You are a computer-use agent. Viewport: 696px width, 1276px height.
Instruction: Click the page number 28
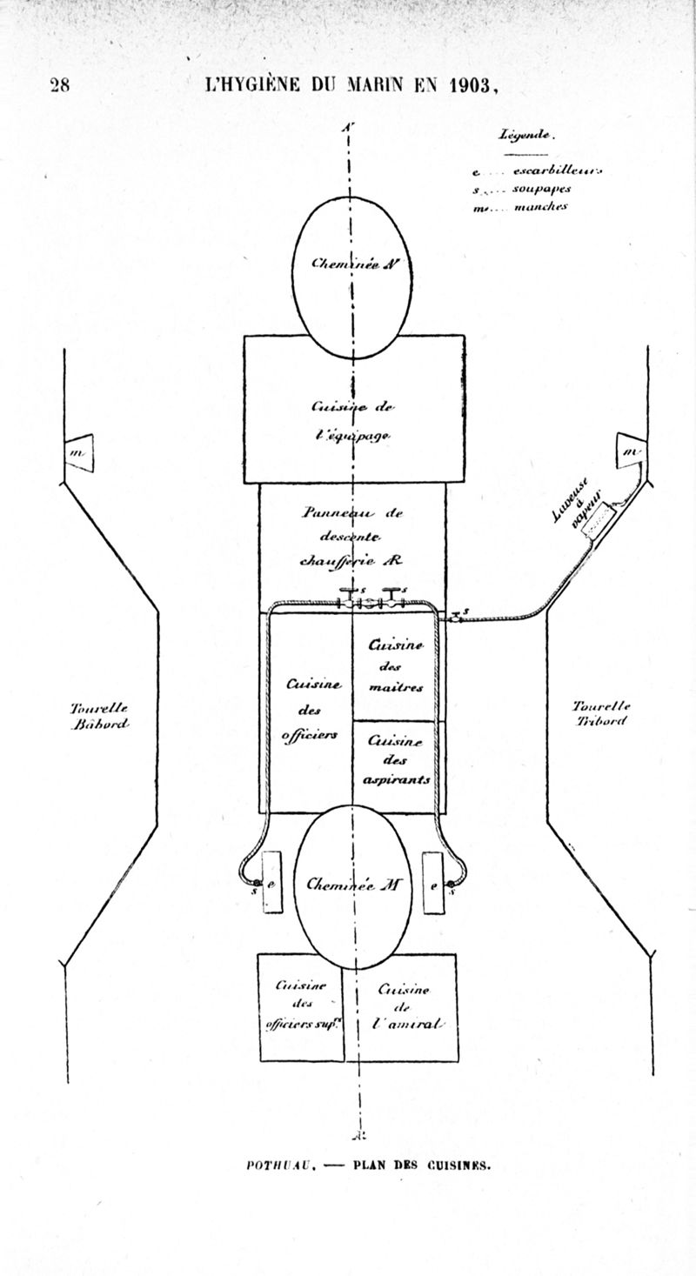pos(60,84)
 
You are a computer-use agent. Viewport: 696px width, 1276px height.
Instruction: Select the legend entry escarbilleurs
pos(557,170)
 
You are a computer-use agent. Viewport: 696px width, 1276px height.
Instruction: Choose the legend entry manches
pos(540,207)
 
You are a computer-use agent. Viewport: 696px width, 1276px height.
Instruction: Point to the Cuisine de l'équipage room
pos(352,420)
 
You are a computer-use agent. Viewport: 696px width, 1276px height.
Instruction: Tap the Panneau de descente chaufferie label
pos(352,536)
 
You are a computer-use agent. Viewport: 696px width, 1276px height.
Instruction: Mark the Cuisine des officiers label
pos(304,710)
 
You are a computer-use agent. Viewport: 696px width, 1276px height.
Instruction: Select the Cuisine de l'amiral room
pos(400,1006)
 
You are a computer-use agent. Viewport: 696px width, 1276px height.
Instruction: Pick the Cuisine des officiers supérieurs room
pos(301,1006)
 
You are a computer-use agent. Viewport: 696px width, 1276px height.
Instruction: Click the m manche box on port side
pos(81,452)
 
